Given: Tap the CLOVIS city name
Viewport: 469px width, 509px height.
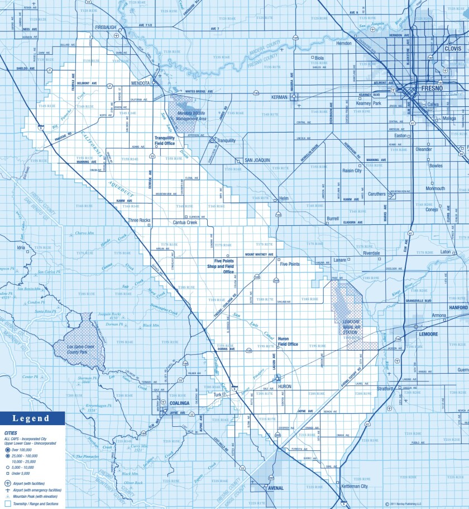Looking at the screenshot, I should [x=453, y=49].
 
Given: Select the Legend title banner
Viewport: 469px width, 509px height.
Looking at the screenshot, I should [x=32, y=418].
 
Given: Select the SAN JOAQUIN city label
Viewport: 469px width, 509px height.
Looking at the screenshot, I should [x=257, y=160].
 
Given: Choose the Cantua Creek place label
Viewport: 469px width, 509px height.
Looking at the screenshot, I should [x=185, y=223].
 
